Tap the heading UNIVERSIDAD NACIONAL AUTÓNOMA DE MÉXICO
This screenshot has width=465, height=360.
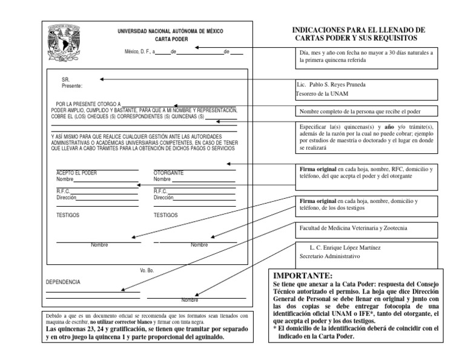(x=171, y=31)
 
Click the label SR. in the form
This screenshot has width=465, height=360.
(x=66, y=79)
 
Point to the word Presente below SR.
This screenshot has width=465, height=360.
(x=71, y=86)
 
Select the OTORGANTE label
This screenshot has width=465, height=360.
(x=168, y=173)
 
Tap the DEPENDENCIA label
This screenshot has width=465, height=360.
(x=63, y=282)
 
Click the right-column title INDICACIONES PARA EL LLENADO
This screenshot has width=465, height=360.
(x=358, y=33)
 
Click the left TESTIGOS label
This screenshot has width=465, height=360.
(x=68, y=215)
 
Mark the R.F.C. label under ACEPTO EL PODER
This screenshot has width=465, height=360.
(x=63, y=190)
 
